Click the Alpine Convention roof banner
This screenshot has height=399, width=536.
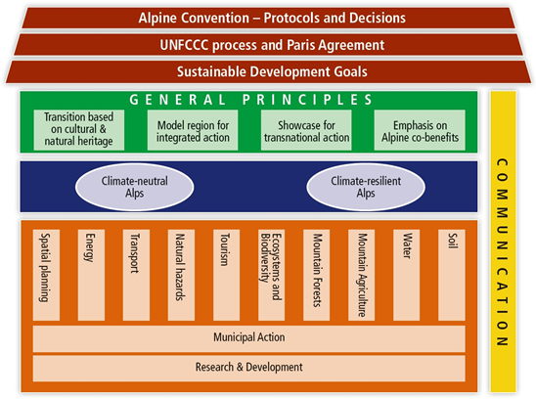[268, 19]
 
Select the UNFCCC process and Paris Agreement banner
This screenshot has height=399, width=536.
[268, 45]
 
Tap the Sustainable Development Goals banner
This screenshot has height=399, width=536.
[268, 71]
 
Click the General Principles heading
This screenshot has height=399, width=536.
[250, 100]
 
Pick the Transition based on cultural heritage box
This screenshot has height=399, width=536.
[79, 130]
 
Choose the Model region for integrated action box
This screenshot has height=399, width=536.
[193, 130]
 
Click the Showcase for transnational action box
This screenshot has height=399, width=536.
[306, 130]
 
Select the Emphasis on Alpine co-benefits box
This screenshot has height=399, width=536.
[420, 130]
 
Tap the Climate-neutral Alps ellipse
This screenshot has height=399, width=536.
[135, 187]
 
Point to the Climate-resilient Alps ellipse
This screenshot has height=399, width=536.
[366, 187]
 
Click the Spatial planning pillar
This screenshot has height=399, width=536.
[46, 275]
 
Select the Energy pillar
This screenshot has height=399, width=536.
[91, 275]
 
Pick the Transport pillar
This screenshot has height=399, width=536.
[136, 275]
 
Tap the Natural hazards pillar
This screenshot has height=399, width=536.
[181, 275]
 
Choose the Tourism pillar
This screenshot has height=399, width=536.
[226, 275]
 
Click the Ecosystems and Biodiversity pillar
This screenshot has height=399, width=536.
[271, 275]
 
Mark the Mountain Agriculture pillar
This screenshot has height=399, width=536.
[361, 275]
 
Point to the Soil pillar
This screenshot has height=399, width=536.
[452, 275]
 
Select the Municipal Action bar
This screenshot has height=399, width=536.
[248, 338]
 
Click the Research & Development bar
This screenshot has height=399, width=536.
[248, 369]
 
